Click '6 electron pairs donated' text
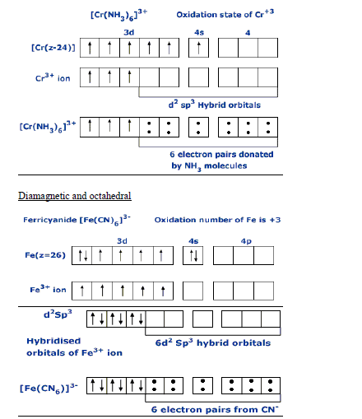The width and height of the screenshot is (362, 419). click(x=221, y=154)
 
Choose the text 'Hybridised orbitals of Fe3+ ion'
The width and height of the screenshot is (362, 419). click(x=63, y=347)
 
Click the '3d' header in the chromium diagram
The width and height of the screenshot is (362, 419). click(x=128, y=31)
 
